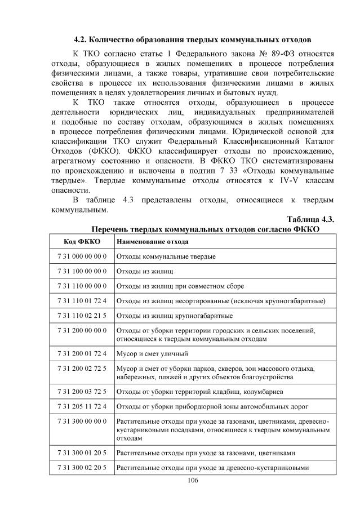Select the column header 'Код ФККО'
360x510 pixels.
pyautogui.click(x=82, y=242)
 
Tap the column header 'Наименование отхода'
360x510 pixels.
pyautogui.click(x=152, y=242)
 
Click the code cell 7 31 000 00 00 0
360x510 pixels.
pyautogui.click(x=82, y=256)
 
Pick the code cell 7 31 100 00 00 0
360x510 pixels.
pyautogui.click(x=82, y=271)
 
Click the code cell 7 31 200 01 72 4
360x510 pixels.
pyautogui.click(x=82, y=353)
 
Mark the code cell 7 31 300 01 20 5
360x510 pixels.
pyautogui.click(x=82, y=452)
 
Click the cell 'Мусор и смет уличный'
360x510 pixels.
pyautogui.click(x=152, y=353)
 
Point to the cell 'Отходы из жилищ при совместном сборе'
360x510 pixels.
pyautogui.click(x=180, y=286)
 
